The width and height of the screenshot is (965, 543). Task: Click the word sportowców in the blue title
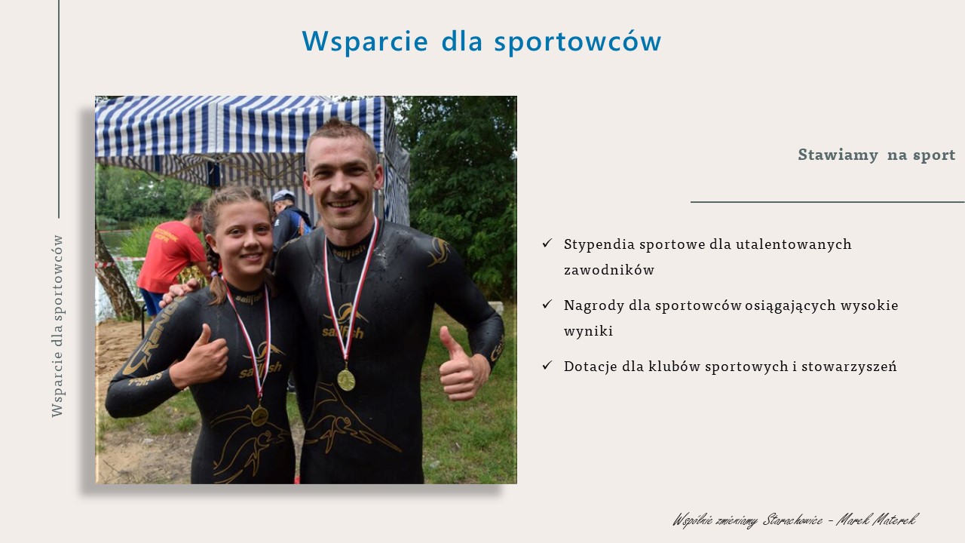pyautogui.click(x=577, y=41)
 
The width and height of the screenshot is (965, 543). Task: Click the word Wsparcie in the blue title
pyautogui.click(x=365, y=41)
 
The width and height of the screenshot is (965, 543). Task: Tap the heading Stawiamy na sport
pyautogui.click(x=876, y=155)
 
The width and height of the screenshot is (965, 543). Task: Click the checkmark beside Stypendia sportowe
pyautogui.click(x=547, y=243)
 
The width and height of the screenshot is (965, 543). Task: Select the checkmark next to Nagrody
pyautogui.click(x=547, y=304)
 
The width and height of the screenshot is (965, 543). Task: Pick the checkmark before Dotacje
pyautogui.click(x=547, y=366)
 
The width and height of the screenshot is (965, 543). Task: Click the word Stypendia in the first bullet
pyautogui.click(x=599, y=245)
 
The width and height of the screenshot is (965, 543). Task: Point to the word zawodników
pyautogui.click(x=609, y=270)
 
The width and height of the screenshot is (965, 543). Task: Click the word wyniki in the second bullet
pyautogui.click(x=588, y=331)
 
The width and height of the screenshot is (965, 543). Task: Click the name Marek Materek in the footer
pyautogui.click(x=877, y=520)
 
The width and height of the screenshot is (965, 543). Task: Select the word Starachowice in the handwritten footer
pyautogui.click(x=792, y=520)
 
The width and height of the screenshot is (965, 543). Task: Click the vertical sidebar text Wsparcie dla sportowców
pyautogui.click(x=57, y=327)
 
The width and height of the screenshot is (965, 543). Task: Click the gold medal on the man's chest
pyautogui.click(x=346, y=379)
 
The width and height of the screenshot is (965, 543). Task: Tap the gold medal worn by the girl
pyautogui.click(x=259, y=416)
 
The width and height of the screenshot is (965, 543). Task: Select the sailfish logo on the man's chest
pyautogui.click(x=345, y=321)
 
